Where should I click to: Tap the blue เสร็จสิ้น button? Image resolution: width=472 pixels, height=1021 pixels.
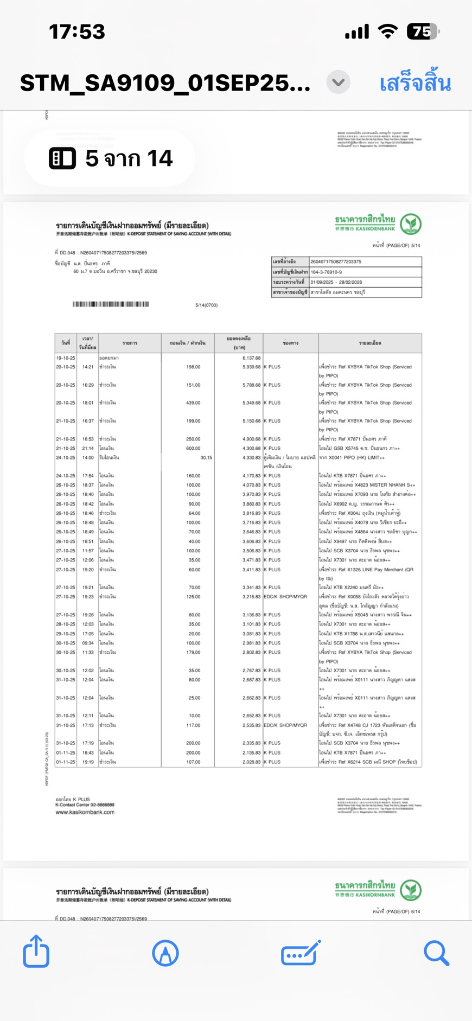click(415, 84)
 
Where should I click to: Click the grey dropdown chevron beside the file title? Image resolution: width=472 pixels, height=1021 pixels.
click(338, 82)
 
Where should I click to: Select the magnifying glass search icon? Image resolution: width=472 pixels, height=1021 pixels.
click(436, 953)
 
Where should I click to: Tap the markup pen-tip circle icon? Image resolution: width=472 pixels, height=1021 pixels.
click(165, 953)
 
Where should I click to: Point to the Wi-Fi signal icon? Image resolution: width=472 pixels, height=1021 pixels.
click(387, 31)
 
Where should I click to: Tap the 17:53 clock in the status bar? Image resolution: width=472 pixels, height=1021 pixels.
click(77, 32)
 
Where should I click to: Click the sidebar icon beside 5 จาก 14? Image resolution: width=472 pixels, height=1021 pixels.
click(62, 158)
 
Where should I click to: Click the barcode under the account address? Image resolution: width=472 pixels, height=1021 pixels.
click(111, 304)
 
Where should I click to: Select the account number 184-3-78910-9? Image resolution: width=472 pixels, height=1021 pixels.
click(326, 272)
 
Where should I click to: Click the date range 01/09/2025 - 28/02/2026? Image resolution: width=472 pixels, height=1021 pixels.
click(336, 282)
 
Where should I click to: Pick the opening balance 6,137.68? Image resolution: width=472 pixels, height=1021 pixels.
click(251, 358)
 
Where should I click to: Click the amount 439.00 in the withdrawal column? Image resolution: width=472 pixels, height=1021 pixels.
click(193, 403)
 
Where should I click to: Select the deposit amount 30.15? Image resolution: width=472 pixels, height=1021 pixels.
click(206, 457)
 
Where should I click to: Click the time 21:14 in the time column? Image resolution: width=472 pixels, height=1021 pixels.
click(88, 448)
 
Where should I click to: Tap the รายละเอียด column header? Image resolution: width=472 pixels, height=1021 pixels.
click(369, 343)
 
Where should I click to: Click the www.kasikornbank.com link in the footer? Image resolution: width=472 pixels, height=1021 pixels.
click(85, 812)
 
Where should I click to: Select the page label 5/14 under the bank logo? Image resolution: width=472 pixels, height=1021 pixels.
click(416, 246)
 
